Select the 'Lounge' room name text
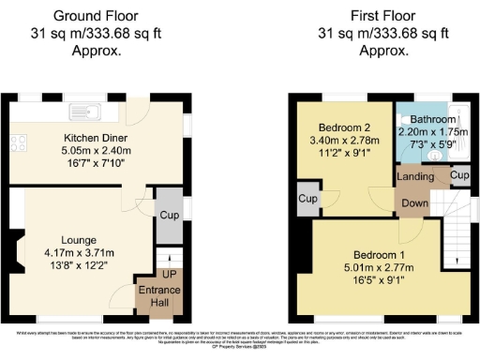tap(80, 238)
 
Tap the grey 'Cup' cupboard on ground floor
tap(169, 216)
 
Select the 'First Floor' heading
tap(385, 16)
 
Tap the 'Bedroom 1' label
tap(381, 255)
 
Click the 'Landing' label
tap(415, 176)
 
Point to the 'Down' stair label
tap(415, 202)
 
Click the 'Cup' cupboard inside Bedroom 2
tap(307, 199)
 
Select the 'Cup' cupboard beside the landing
tap(459, 175)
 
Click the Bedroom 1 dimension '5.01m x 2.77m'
tap(381, 268)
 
